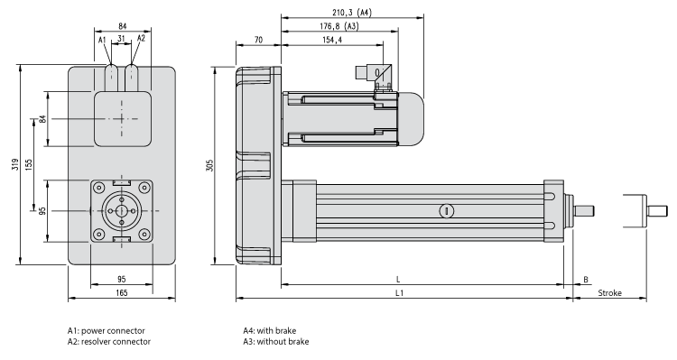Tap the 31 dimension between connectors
pyautogui.click(x=121, y=39)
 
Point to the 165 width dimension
pyautogui.click(x=121, y=293)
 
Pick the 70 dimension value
pyautogui.click(x=258, y=41)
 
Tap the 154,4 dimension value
pyautogui.click(x=332, y=41)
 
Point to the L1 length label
pyautogui.click(x=399, y=293)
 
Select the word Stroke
pyautogui.click(x=609, y=293)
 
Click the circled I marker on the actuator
pyautogui.click(x=444, y=210)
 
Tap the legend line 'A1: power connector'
pyautogui.click(x=106, y=330)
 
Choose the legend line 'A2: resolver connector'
pyautogui.click(x=108, y=342)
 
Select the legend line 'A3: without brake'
pyautogui.click(x=275, y=342)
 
